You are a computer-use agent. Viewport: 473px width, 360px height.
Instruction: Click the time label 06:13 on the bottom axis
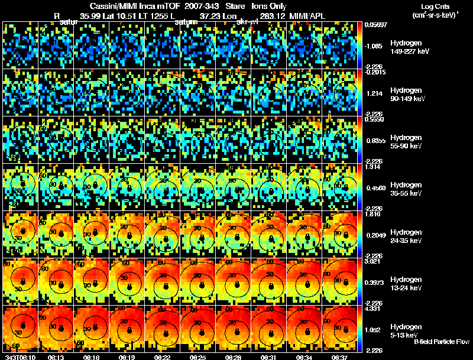[57, 356]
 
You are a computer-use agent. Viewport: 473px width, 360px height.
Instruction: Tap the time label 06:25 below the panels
[199, 356]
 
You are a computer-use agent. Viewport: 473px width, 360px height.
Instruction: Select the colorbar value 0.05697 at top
[376, 25]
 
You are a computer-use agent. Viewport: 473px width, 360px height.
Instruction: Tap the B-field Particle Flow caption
[441, 342]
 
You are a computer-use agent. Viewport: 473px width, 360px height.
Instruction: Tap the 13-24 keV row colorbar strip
[362, 281]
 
